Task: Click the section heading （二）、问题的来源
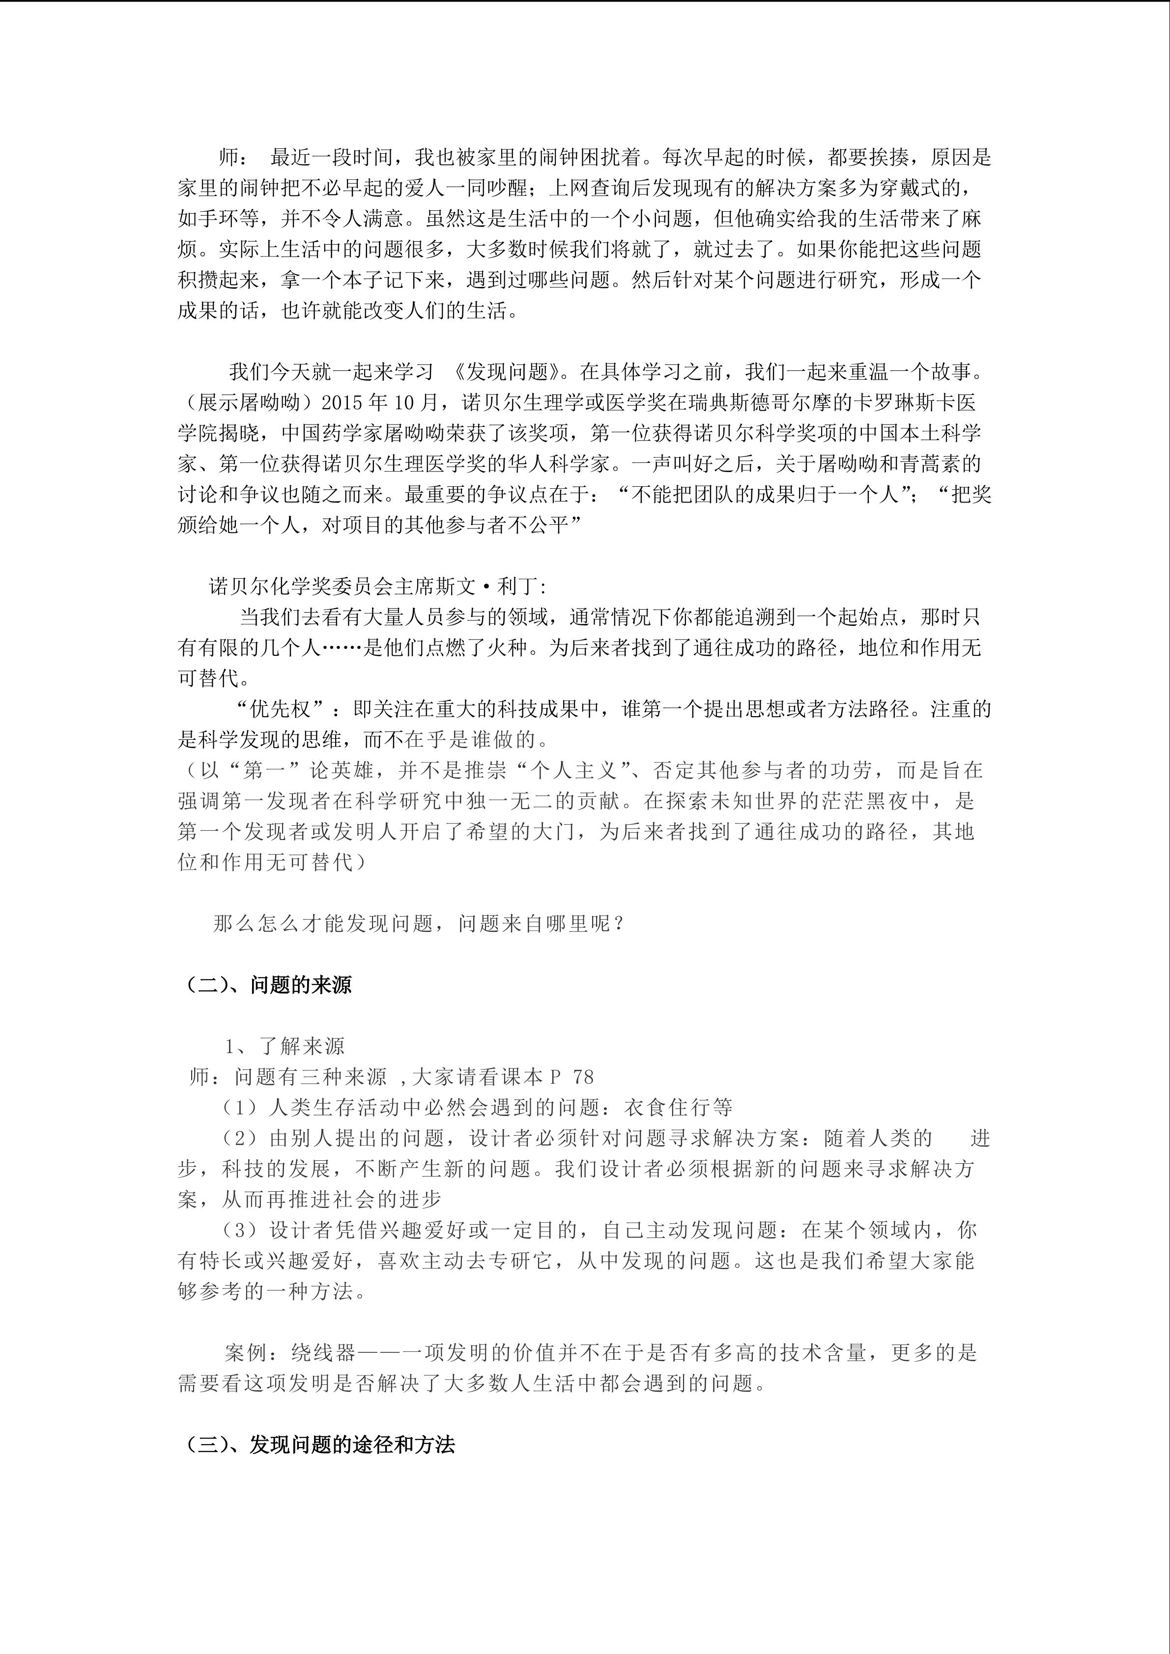pyautogui.click(x=268, y=985)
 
